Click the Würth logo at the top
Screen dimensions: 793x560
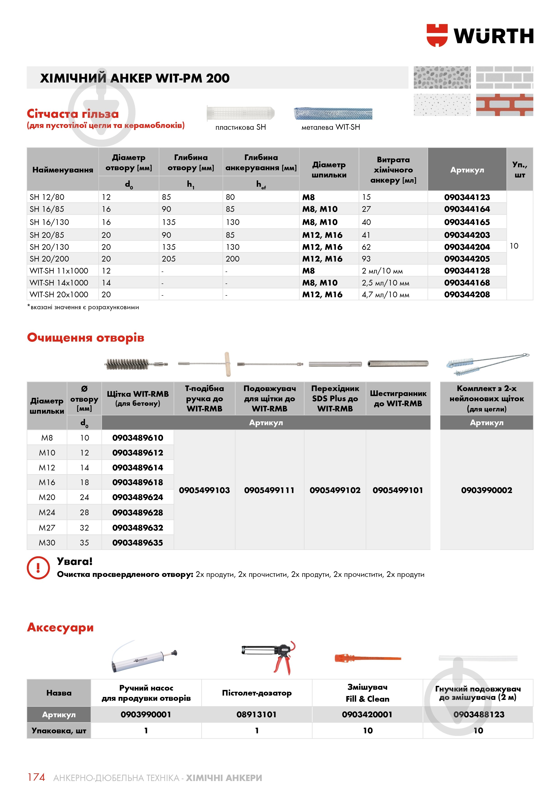click(x=480, y=35)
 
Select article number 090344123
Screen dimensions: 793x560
click(x=467, y=197)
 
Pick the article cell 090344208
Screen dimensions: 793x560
click(x=467, y=295)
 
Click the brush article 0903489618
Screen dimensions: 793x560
click(x=138, y=482)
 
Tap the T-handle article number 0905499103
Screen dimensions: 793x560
click(x=204, y=490)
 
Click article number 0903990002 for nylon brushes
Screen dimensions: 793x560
click(x=487, y=490)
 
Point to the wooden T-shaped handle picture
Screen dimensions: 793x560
click(x=227, y=364)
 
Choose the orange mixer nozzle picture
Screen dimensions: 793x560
click(x=367, y=658)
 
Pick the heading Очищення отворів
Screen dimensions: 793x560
click(x=86, y=337)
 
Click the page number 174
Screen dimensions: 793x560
click(x=36, y=777)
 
